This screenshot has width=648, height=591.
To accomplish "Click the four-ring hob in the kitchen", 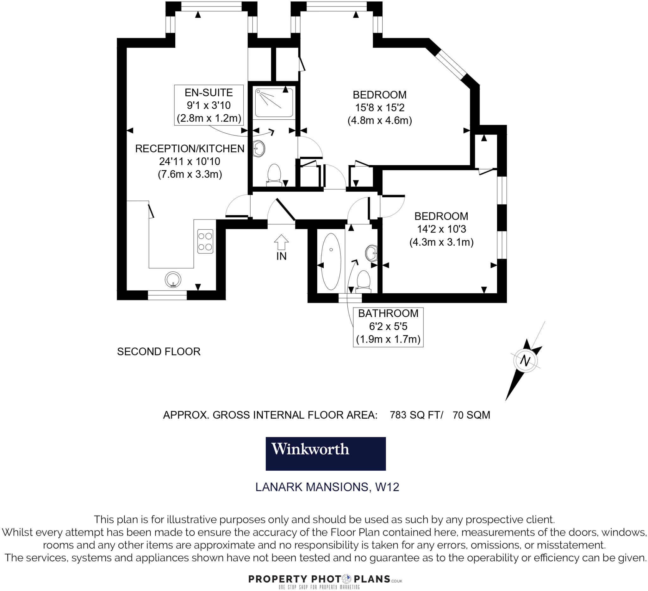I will [205, 241].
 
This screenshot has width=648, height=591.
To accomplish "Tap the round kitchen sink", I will [173, 279].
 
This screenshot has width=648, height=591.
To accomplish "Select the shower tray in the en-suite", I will [274, 103].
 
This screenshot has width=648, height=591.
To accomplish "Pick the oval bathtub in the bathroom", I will [331, 262].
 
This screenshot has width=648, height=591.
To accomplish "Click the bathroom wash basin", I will [371, 253].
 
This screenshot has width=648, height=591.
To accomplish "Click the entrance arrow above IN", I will [281, 242].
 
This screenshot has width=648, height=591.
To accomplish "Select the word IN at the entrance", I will [281, 256].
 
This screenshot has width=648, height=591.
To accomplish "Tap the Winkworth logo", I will [325, 453].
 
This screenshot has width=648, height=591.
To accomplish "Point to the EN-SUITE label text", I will [209, 93].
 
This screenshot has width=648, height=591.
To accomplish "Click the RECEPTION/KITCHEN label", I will [190, 149].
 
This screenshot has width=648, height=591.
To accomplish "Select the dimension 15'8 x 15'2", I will [380, 107].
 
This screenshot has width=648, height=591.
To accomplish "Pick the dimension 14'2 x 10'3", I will [441, 229].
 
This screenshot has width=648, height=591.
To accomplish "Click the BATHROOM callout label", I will [388, 313].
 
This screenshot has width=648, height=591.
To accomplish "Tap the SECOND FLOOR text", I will [159, 352].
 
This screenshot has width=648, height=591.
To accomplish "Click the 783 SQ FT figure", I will [416, 415].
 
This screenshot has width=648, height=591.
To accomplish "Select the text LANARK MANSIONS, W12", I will [327, 487].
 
